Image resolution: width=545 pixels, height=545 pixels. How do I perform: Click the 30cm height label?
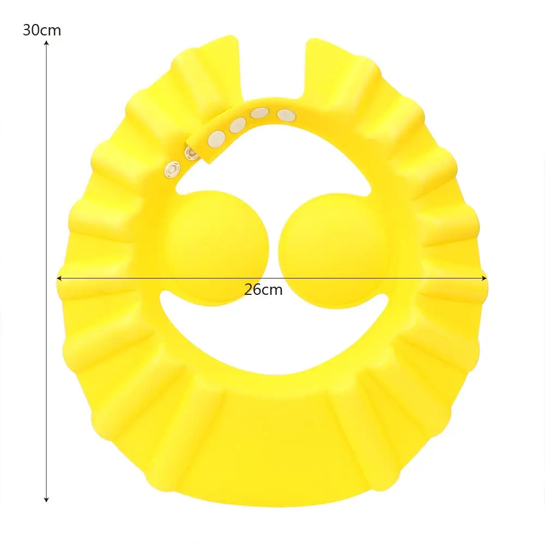pyautogui.click(x=41, y=30)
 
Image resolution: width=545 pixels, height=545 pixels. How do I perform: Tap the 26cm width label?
pyautogui.click(x=263, y=289)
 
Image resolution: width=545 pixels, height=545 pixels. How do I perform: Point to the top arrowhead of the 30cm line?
pyautogui.click(x=47, y=44)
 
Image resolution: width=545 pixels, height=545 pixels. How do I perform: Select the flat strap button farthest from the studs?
pyautogui.click(x=286, y=115)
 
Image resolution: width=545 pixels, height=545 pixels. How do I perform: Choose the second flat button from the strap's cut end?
pyautogui.click(x=237, y=125)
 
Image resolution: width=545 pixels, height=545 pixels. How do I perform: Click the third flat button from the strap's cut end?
pyautogui.click(x=259, y=114)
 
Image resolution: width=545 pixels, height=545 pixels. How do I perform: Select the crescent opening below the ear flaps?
pyautogui.click(x=272, y=338)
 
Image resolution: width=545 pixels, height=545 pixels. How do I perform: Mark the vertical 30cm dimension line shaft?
pyautogui.click(x=47, y=272)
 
